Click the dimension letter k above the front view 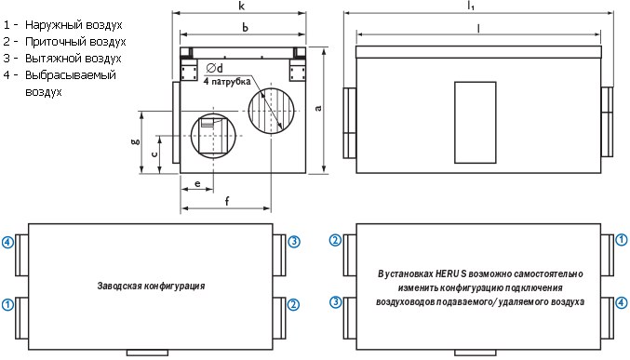pos(241,6)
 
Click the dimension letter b pos(245,27)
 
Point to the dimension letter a pos(318,108)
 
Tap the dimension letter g pos(136,140)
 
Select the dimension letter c pos(154,153)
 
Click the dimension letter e pos(197,183)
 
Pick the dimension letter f pos(227,201)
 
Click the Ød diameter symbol pos(215,68)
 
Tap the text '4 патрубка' pos(227,81)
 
